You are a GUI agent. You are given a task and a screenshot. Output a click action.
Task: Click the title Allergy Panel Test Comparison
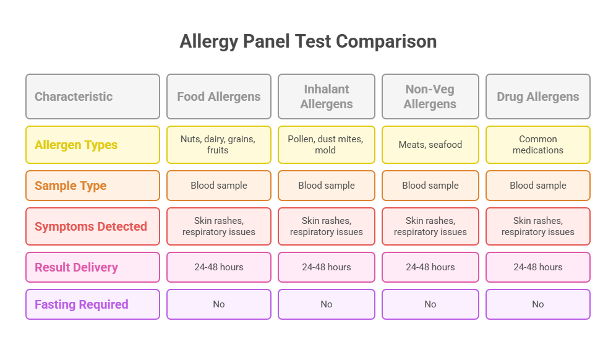(308, 41)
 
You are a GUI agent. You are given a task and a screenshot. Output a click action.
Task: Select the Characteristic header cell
(92, 96)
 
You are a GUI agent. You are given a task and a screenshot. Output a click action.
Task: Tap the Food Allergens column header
(219, 96)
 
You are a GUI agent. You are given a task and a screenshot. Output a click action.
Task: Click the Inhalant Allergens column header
(327, 96)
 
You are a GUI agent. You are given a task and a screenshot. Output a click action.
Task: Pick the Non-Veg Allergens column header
(430, 96)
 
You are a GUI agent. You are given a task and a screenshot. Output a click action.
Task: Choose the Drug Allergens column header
(538, 96)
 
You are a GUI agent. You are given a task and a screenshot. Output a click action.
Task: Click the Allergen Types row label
(92, 145)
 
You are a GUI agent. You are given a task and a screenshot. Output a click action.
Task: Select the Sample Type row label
(92, 186)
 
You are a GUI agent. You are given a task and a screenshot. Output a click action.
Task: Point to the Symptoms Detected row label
(92, 226)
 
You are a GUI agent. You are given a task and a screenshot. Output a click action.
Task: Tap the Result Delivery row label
(92, 267)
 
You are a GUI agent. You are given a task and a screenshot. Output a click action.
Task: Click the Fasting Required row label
(92, 304)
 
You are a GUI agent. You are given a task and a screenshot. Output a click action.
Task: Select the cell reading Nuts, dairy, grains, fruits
(219, 145)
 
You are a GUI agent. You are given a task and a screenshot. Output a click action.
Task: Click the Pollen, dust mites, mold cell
(327, 145)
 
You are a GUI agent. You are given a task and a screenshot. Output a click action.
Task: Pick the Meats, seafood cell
(430, 145)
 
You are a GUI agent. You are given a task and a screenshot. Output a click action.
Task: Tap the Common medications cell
(538, 145)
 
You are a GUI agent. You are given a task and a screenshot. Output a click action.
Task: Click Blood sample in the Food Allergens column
(219, 186)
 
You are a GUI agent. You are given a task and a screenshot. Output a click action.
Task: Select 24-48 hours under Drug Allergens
(538, 267)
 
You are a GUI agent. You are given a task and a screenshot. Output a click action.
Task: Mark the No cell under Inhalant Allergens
(327, 304)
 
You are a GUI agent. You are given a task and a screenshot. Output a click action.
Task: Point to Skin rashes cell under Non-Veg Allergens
(430, 226)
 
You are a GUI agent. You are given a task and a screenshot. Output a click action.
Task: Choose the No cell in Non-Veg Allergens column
(430, 304)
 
